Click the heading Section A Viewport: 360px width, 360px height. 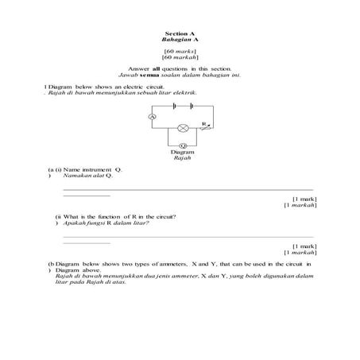[179, 33]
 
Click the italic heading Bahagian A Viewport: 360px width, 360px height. [179, 39]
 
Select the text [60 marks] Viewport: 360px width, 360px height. [179, 51]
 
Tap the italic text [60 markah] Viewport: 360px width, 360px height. [179, 57]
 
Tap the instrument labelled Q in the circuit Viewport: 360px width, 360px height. [183, 145]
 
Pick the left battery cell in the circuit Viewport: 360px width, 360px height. [169, 106]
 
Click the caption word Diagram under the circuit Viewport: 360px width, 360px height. [183, 153]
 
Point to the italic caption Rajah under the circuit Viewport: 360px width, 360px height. [183, 159]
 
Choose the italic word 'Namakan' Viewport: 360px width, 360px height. [74, 176]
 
